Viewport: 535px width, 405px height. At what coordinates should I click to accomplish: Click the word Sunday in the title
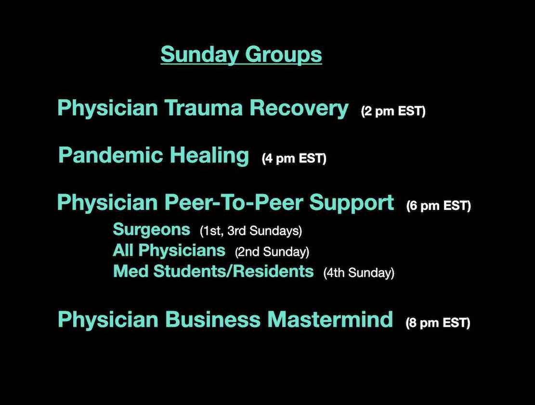pyautogui.click(x=199, y=54)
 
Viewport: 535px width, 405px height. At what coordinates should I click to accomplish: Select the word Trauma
pyautogui.click(x=204, y=108)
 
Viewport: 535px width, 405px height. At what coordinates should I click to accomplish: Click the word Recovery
pyautogui.click(x=299, y=109)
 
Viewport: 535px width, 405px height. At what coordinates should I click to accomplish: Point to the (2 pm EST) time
pyautogui.click(x=393, y=111)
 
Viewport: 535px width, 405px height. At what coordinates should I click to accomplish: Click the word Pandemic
pyautogui.click(x=111, y=155)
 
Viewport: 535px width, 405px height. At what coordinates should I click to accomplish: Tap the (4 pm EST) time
pyautogui.click(x=294, y=158)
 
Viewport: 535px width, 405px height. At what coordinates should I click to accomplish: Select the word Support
pyautogui.click(x=352, y=203)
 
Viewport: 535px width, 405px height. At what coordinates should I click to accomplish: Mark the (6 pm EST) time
pyautogui.click(x=439, y=206)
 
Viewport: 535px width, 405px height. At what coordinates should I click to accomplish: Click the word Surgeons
pyautogui.click(x=152, y=230)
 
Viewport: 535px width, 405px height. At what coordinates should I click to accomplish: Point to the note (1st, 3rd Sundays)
pyautogui.click(x=251, y=231)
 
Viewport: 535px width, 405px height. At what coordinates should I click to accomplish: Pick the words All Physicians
pyautogui.click(x=169, y=250)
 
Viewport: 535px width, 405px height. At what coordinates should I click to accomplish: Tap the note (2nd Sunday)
pyautogui.click(x=272, y=252)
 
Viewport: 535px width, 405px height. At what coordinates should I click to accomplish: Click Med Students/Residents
pyautogui.click(x=213, y=271)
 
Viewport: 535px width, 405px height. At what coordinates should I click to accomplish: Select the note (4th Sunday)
pyautogui.click(x=359, y=273)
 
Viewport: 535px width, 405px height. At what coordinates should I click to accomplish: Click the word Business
pyautogui.click(x=213, y=320)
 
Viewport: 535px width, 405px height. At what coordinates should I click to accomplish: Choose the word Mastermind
pyautogui.click(x=330, y=320)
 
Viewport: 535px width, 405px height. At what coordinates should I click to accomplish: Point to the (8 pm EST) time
pyautogui.click(x=438, y=323)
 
